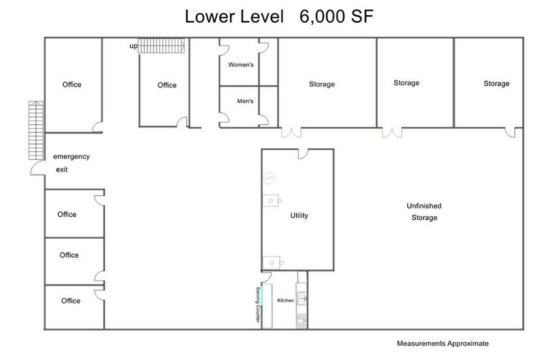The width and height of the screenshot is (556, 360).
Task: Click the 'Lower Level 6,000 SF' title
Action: click(279, 17)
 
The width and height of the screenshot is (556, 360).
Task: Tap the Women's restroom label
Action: click(241, 64)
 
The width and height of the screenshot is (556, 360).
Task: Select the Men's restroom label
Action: click(245, 102)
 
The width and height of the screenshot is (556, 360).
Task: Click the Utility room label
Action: click(299, 216)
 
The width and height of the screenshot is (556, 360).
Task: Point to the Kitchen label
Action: click(285, 301)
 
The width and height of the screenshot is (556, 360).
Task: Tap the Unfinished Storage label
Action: click(424, 212)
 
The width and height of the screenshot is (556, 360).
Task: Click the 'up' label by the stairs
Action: click(133, 46)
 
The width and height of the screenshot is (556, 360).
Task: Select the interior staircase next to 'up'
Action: click(161, 45)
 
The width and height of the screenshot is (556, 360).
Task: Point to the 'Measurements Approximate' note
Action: click(443, 343)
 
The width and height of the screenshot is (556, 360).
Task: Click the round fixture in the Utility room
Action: click(268, 178)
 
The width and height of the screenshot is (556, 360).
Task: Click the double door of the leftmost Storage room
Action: click(291, 132)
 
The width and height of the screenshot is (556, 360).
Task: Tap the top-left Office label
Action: click(72, 84)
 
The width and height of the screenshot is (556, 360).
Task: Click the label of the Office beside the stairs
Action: click(167, 85)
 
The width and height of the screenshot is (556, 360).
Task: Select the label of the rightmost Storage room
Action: click(496, 83)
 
